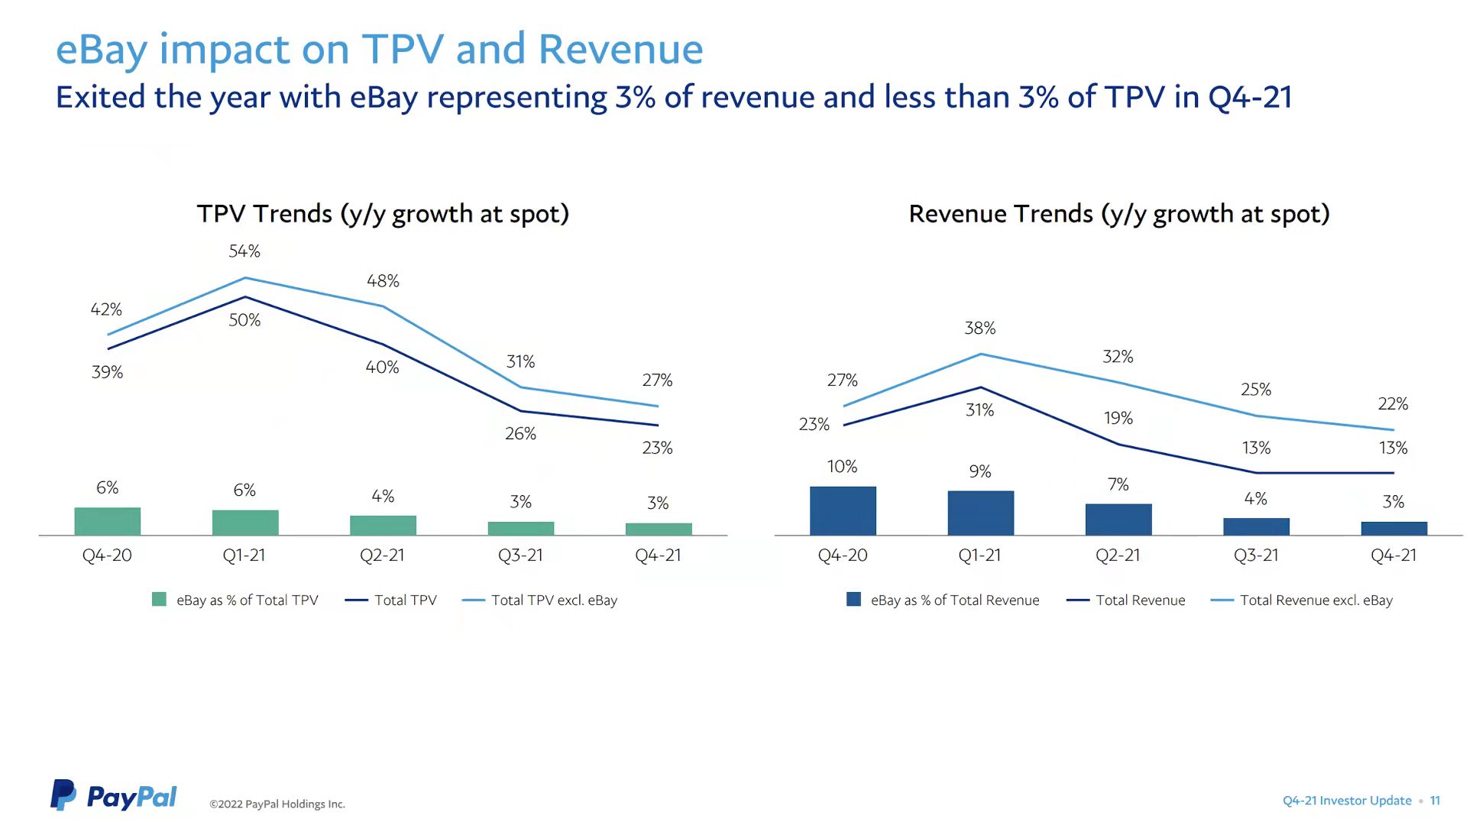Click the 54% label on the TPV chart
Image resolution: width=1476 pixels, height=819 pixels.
[x=244, y=251]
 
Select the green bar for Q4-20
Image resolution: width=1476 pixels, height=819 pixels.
[x=108, y=521]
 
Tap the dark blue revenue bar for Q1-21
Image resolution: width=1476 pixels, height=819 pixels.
[x=980, y=513]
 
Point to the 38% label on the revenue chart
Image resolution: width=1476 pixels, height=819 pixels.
[x=979, y=329]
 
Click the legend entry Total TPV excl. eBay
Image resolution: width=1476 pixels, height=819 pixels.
[x=553, y=600]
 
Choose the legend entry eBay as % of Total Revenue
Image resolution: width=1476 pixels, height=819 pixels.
[x=954, y=600]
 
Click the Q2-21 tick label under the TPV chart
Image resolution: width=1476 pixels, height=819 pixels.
[x=382, y=555]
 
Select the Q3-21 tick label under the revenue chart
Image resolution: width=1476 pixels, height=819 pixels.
[x=1256, y=555]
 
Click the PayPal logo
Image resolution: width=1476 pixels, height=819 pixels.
[x=114, y=796]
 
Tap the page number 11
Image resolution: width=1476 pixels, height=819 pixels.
[x=1435, y=801]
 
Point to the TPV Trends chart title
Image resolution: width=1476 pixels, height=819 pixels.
[x=383, y=214]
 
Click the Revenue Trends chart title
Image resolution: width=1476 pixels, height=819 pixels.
[x=1118, y=214]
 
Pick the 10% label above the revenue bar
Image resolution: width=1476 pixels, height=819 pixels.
[x=842, y=467]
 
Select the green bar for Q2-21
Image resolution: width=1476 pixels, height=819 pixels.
[x=383, y=526]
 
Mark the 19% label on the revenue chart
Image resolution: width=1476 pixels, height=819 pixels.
[x=1118, y=419]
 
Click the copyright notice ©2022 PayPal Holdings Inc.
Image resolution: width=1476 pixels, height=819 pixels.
[x=277, y=804]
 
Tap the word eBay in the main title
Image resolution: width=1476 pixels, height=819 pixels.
[x=102, y=50]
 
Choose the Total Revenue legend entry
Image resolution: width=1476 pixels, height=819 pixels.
[x=1140, y=600]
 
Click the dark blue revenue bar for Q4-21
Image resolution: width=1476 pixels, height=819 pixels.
[x=1393, y=528]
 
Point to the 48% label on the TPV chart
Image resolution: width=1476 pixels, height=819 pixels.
[x=383, y=281]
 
